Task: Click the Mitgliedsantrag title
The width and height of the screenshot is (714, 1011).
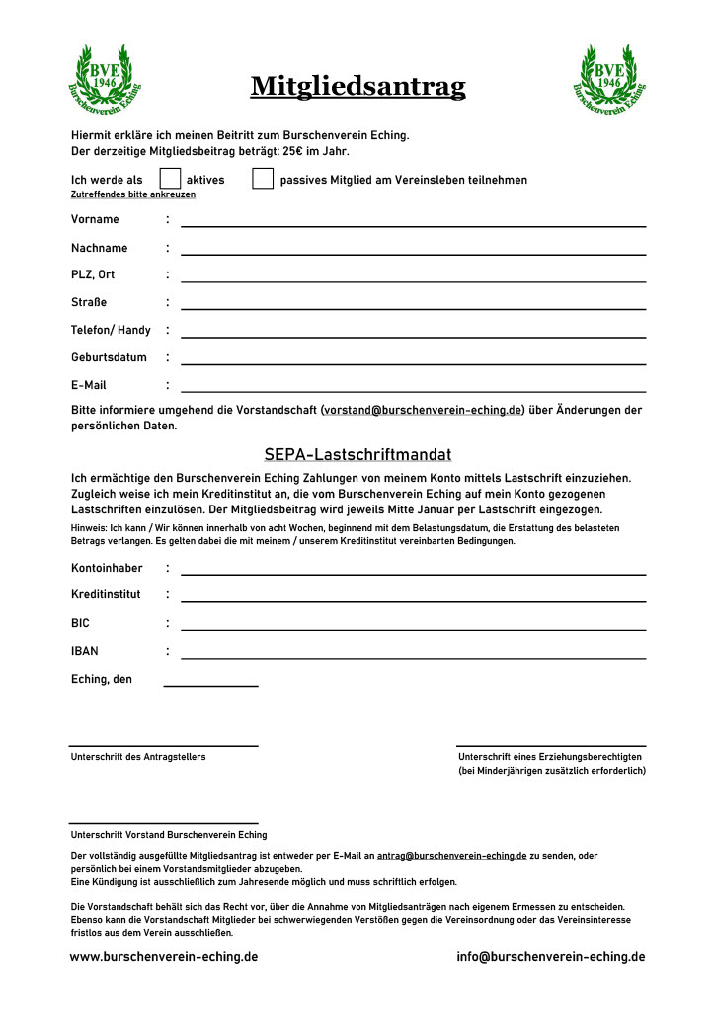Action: pos(357,87)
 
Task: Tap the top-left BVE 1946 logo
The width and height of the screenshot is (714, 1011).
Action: pos(104,77)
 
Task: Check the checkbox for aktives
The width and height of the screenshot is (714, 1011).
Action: pos(170,179)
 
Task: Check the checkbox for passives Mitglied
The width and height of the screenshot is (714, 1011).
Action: pos(263,179)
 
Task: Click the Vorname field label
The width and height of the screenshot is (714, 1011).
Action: pos(95,219)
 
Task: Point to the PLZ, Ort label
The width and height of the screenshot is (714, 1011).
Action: pos(93,274)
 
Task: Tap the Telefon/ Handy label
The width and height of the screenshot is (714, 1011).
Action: pos(111,330)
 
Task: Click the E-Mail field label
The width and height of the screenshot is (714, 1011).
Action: pos(89,385)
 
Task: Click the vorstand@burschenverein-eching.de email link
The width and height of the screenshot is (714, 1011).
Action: pos(423,409)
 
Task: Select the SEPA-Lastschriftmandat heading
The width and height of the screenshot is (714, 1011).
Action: pos(357,455)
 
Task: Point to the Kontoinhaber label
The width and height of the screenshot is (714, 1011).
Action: pos(107,568)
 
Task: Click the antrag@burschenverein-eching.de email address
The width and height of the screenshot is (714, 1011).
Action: pos(451,856)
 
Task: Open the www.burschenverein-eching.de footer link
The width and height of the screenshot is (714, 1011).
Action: pos(164,957)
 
